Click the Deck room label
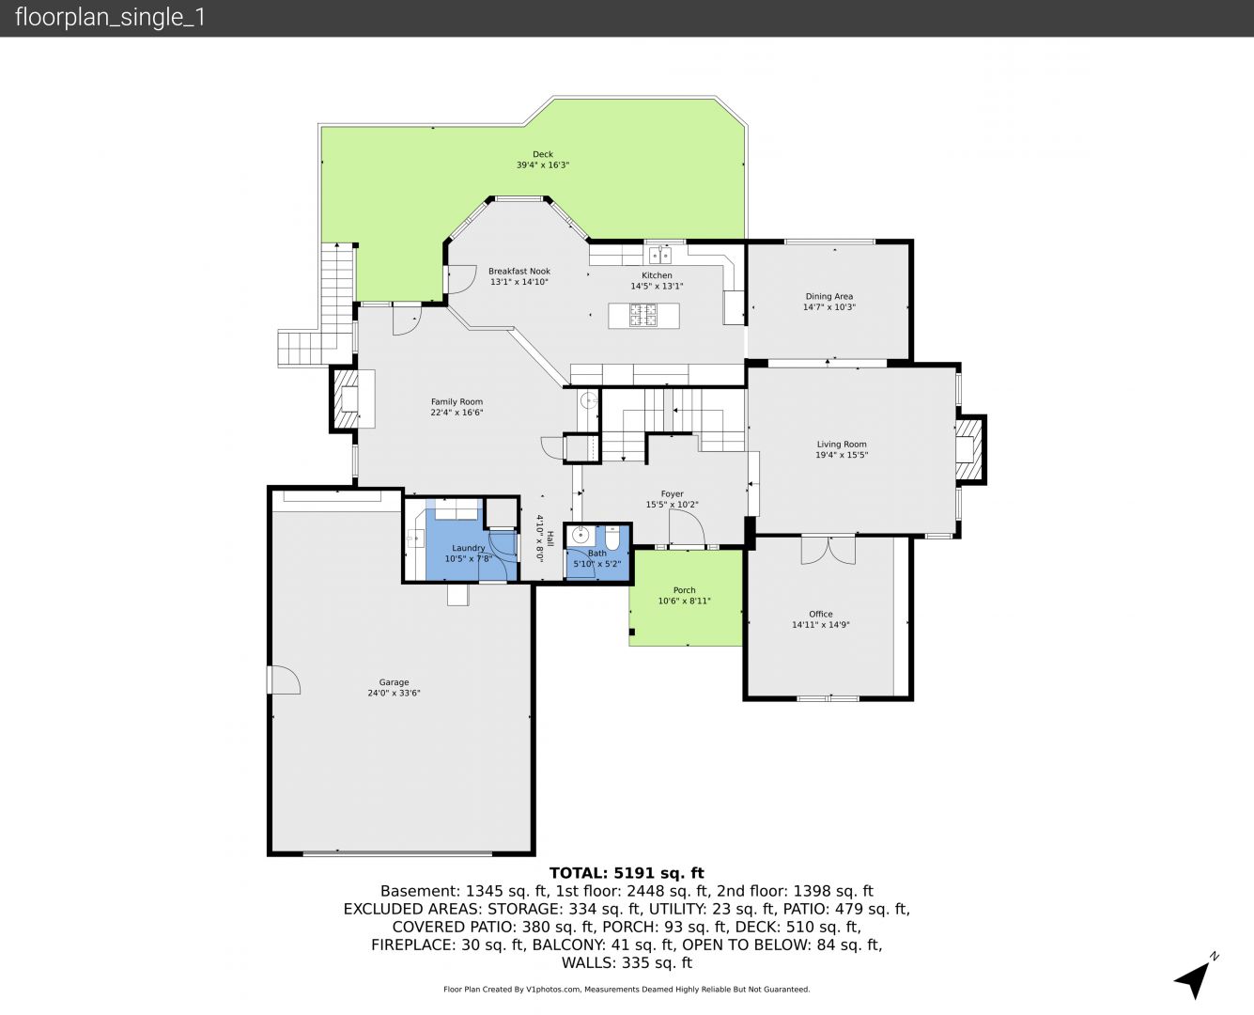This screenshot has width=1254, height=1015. pos(542,154)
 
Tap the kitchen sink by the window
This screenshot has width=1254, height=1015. pos(660,255)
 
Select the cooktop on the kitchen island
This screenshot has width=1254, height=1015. pos(642,315)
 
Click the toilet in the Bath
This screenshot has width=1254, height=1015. pos(612,538)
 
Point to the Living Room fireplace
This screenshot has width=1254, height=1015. pos(969,450)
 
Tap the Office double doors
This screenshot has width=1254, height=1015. pos(828,550)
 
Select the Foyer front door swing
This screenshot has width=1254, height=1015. pos(688,528)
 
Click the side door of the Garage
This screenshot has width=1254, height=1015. pos(283,679)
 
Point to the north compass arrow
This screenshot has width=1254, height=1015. pos(1194,979)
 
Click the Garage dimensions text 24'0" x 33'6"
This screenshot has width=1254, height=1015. pos(394,693)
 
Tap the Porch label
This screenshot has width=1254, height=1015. pos(684,590)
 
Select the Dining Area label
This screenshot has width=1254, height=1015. pos(828,296)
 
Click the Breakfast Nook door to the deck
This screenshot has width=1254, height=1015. pos(462,280)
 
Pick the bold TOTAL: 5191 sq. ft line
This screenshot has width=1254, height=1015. pos(627,873)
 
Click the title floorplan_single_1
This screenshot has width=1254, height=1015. pos(110,18)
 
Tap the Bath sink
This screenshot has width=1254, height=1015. pos(580,535)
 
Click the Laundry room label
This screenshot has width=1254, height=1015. pos(468,548)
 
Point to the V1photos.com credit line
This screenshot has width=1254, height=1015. pos(627,989)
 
